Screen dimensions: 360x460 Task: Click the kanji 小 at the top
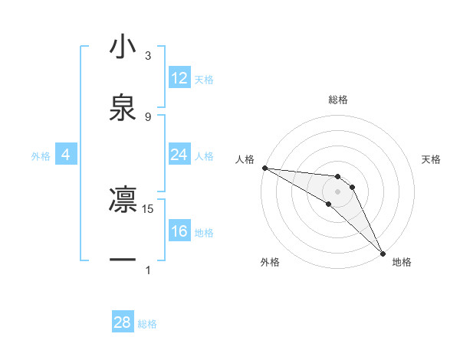tap(123, 47)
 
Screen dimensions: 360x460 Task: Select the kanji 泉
tap(123, 107)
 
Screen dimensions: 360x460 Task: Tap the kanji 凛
tap(123, 199)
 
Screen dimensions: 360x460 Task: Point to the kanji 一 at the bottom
tap(123, 260)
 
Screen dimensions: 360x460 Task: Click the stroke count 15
tap(149, 208)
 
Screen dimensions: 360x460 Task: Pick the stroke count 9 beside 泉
tap(148, 116)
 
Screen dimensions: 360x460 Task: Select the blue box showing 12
tap(179, 78)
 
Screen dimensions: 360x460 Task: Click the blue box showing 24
tap(179, 155)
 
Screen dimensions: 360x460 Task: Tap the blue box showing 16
tap(179, 231)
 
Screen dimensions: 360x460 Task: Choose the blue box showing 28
tap(123, 322)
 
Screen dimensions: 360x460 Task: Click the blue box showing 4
tap(66, 155)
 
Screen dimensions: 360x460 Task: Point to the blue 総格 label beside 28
tap(147, 324)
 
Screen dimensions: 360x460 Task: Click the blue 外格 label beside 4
tap(41, 156)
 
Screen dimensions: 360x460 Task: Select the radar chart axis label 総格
tap(338, 100)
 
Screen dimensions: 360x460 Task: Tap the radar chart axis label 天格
tap(432, 159)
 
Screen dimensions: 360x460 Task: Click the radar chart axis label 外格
tap(270, 262)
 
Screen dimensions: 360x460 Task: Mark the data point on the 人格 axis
tap(264, 168)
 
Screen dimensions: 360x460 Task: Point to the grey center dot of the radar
tap(338, 191)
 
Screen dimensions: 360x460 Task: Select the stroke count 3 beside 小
tap(148, 55)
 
